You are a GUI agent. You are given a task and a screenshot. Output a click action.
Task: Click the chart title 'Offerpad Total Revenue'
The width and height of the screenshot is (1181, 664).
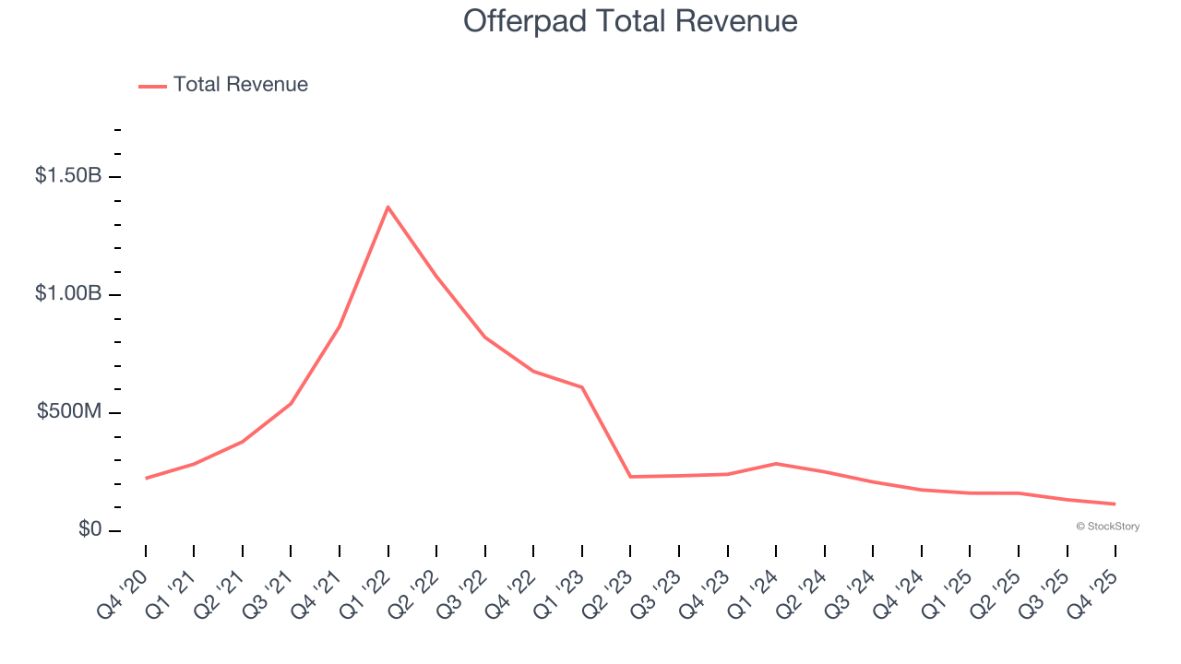click(x=630, y=20)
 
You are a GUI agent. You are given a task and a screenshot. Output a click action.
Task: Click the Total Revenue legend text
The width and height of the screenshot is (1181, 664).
click(x=240, y=85)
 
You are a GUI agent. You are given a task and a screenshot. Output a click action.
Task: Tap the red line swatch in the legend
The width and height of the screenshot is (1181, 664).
click(x=152, y=86)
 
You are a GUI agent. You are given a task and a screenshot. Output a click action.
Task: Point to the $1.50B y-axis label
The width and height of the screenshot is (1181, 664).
click(x=68, y=175)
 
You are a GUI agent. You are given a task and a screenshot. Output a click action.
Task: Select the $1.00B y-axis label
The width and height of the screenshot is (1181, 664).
click(x=68, y=293)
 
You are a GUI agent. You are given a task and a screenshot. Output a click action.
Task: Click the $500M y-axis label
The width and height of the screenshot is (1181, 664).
click(x=69, y=411)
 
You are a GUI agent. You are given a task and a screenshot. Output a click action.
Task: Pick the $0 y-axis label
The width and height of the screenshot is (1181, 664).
click(x=89, y=529)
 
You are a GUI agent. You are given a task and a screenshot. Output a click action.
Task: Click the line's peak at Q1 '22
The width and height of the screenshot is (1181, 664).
click(x=388, y=207)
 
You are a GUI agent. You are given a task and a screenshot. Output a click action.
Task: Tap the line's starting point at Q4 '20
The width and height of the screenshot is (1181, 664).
click(x=146, y=478)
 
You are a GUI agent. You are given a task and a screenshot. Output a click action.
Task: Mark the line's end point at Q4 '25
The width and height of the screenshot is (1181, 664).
click(x=1115, y=504)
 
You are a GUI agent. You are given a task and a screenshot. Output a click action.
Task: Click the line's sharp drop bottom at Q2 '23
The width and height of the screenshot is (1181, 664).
click(x=630, y=477)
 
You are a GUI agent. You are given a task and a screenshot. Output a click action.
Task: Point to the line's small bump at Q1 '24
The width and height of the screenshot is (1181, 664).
click(x=776, y=463)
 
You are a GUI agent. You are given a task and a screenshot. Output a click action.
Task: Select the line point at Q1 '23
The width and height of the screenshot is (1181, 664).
click(x=582, y=387)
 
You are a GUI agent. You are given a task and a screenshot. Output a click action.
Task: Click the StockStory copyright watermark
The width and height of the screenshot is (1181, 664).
click(x=1107, y=527)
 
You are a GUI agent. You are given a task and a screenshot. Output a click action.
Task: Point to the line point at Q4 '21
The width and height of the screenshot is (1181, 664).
click(x=340, y=326)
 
